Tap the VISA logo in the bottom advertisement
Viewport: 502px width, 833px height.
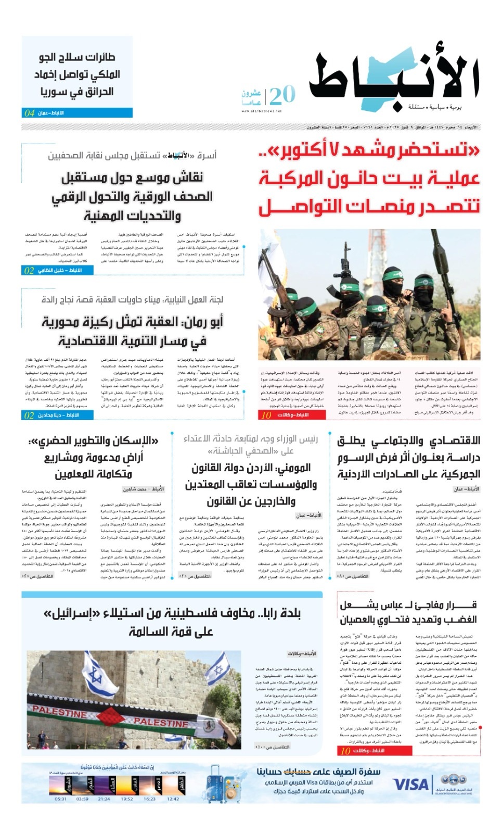point(410,785)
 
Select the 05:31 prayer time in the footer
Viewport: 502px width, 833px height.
point(60,799)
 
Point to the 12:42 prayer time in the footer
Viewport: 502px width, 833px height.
point(173,799)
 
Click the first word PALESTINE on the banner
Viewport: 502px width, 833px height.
point(60,712)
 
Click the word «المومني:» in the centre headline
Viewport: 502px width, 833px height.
point(288,468)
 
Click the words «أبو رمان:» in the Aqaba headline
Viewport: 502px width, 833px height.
point(200,322)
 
